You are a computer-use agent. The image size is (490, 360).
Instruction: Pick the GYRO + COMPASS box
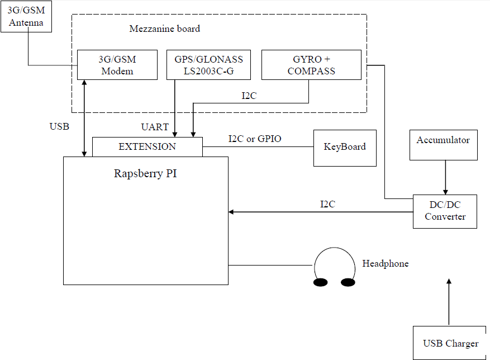[x=311, y=65]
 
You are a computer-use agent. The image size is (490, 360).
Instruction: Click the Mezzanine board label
[x=164, y=29]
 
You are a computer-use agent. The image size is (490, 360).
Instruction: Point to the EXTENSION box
[x=147, y=147]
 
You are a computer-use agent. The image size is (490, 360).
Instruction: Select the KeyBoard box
[x=345, y=148]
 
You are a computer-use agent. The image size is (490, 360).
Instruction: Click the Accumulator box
[x=443, y=145]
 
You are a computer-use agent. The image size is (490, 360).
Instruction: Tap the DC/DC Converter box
[x=445, y=211]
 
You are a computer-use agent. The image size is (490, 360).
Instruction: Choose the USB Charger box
[x=450, y=342]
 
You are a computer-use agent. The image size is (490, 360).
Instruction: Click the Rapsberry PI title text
[x=146, y=173]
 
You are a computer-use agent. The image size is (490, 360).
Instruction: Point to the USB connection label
[x=59, y=127]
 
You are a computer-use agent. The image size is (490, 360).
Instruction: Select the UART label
[x=155, y=127]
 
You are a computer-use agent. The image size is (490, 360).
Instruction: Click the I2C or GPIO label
[x=255, y=139]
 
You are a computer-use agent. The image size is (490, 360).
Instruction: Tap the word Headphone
[x=386, y=263]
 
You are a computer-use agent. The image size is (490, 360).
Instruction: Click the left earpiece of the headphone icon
[x=320, y=282]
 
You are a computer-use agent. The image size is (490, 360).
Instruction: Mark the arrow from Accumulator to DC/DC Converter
[x=445, y=177]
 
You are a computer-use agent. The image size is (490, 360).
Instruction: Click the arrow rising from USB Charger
[x=449, y=302]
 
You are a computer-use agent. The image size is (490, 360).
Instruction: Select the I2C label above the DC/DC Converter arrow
[x=327, y=204]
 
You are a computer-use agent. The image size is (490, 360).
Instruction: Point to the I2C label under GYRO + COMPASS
[x=249, y=96]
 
